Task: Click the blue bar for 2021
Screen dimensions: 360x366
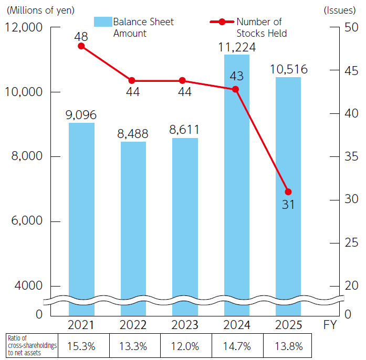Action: (x=81, y=210)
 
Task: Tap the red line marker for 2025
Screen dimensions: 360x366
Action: (x=288, y=192)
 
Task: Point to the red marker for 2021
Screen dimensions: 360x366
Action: (x=81, y=46)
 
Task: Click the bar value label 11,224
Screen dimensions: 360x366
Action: (x=236, y=47)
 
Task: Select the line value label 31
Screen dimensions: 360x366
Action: (x=288, y=205)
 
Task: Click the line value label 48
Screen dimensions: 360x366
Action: (x=81, y=36)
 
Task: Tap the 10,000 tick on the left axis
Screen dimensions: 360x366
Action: (x=24, y=92)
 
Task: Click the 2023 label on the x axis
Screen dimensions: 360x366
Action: (x=184, y=325)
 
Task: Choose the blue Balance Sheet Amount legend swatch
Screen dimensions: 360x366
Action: (x=103, y=22)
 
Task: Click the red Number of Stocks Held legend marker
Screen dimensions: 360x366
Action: (x=222, y=22)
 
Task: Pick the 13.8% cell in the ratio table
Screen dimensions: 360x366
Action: (x=288, y=346)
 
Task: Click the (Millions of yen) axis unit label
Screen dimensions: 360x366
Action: (x=40, y=9)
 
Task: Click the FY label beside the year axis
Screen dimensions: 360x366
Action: (x=330, y=325)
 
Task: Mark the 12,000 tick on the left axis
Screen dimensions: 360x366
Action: (x=24, y=27)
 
